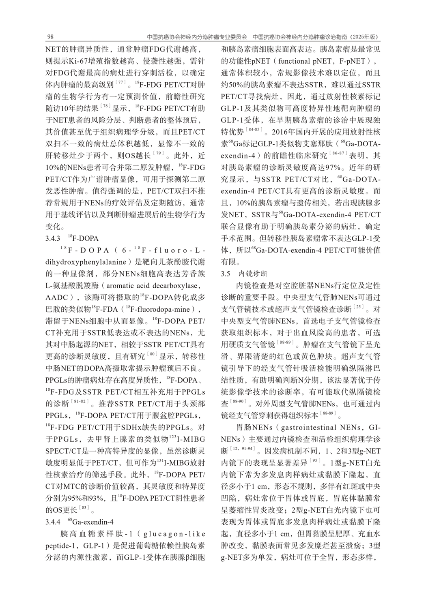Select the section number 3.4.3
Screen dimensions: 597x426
[53, 239]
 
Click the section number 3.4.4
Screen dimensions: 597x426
[53, 521]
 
